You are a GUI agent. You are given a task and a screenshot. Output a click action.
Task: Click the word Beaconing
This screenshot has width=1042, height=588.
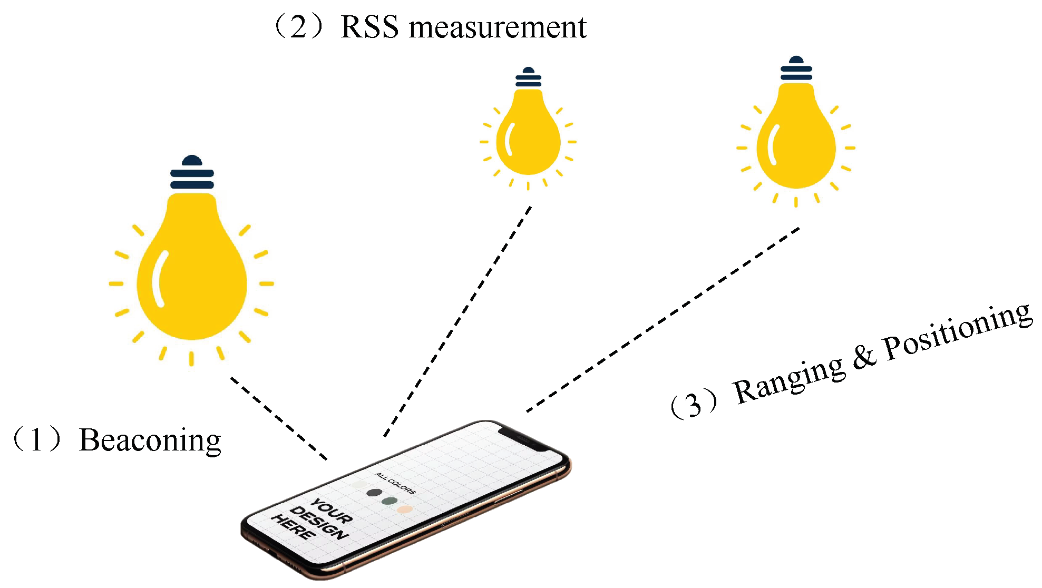pos(150,440)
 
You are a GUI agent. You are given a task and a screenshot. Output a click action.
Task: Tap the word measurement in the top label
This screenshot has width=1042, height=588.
pos(498,27)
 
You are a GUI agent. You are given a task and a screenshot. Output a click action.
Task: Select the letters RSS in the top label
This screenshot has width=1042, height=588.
pos(369,27)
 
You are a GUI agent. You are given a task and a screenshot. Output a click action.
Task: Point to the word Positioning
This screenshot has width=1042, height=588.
pos(957,332)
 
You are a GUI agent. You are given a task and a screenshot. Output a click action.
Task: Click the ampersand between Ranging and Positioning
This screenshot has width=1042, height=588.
pos(864,357)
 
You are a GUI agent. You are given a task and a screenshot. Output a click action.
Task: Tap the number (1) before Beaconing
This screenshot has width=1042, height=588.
pos(37,440)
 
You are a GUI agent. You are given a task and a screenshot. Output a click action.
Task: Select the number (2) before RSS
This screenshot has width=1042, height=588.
pos(298,27)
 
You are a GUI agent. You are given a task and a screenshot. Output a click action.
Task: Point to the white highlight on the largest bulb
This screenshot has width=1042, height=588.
pos(158,279)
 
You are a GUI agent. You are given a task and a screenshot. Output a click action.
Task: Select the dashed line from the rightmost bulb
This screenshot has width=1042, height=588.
pos(664,319)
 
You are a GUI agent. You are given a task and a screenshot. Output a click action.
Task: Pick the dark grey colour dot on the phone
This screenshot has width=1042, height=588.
pos(374,493)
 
